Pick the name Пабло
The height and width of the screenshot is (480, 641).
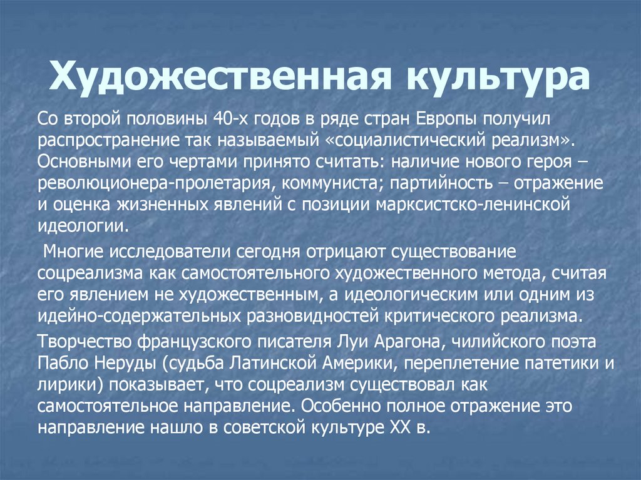pyautogui.click(x=59, y=364)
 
